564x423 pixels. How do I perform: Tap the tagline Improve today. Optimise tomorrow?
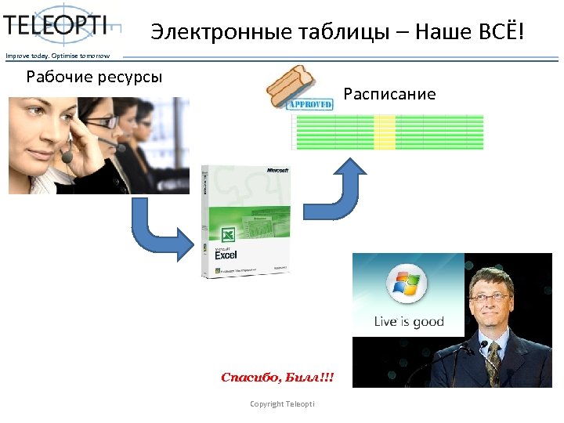click(x=58, y=55)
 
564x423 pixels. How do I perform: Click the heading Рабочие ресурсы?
click(x=95, y=77)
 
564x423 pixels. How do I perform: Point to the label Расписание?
click(x=389, y=95)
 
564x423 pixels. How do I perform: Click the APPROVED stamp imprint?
click(x=311, y=104)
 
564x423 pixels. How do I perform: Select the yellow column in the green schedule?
click(x=385, y=132)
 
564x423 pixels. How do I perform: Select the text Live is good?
click(x=408, y=321)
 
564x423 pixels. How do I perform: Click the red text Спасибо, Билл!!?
click(x=277, y=378)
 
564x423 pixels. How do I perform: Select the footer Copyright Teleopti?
click(x=282, y=403)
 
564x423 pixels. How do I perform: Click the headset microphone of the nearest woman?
click(x=68, y=157)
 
